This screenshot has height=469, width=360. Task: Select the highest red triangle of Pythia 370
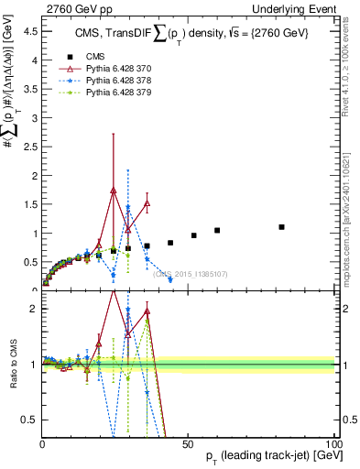pos(114,191)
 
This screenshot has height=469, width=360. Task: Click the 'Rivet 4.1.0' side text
pos(349,78)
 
